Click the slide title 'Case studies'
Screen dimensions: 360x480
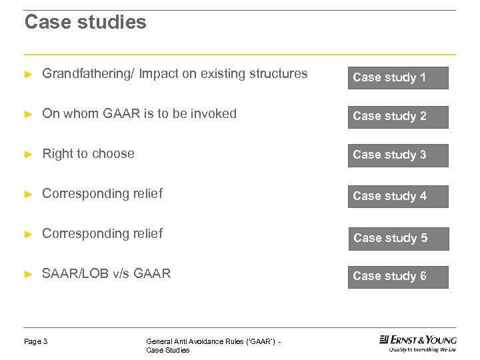click(x=85, y=23)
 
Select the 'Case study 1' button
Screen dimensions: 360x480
click(x=398, y=77)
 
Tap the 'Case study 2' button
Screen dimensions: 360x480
click(x=398, y=117)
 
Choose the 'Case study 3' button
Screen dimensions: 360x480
click(x=398, y=155)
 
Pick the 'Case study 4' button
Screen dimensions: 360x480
click(x=398, y=196)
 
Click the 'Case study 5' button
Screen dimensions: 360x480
click(x=398, y=238)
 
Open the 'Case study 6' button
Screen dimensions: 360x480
click(x=398, y=277)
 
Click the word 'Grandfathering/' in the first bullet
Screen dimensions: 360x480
click(x=86, y=74)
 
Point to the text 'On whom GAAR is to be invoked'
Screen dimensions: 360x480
click(x=139, y=114)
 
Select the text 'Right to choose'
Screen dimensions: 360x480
click(x=88, y=154)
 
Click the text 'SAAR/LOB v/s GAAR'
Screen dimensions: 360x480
click(x=107, y=273)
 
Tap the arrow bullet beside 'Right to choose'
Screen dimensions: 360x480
click(x=28, y=155)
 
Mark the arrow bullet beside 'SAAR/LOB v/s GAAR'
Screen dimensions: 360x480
click(x=28, y=274)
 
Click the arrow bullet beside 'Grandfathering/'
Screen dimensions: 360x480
click(x=28, y=75)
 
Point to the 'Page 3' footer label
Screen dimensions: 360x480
click(x=36, y=341)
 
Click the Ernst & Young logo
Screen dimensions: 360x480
click(x=418, y=339)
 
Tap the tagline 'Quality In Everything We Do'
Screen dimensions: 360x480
click(x=418, y=349)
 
